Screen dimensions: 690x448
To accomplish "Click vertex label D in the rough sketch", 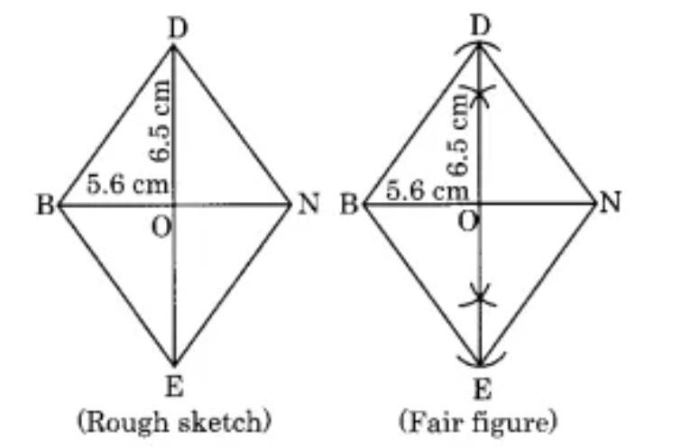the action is click(178, 29).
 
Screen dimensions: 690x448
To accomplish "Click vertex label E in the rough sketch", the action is click(174, 388).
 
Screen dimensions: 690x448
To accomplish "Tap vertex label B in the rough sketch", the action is click(45, 205).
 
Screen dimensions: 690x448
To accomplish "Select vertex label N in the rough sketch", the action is click(308, 204).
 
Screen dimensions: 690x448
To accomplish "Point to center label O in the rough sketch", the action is click(161, 228).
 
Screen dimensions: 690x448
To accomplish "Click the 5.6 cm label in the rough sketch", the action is click(127, 184).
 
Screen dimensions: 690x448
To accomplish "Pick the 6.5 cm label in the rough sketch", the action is click(158, 121).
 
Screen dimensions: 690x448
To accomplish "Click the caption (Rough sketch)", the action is click(174, 423).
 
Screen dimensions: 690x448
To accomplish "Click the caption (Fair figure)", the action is click(478, 423).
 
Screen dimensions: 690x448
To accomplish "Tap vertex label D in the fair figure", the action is click(480, 26).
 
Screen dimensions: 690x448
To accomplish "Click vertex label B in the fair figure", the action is click(349, 205).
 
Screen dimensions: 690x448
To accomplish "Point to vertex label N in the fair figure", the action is click(611, 203).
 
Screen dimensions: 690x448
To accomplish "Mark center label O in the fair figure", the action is click(467, 223).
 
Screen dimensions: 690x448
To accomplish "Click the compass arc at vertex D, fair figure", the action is click(478, 43).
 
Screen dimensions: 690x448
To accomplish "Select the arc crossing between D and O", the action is click(480, 92).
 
